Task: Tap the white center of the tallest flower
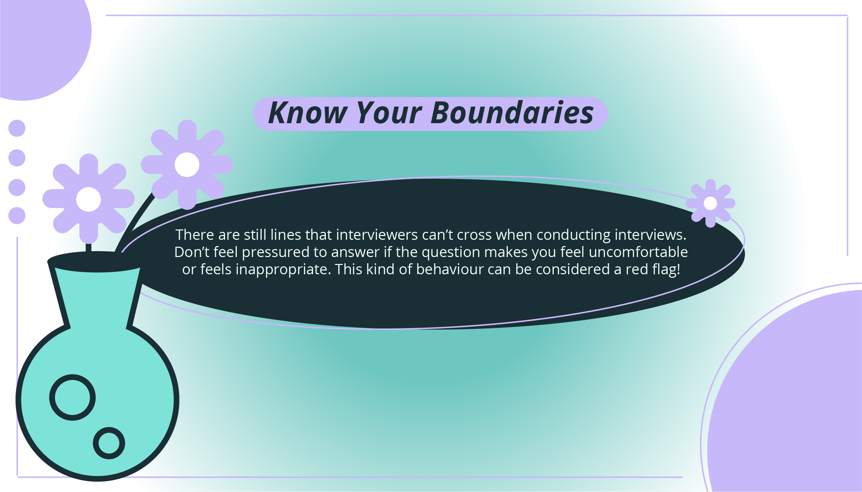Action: click(x=187, y=165)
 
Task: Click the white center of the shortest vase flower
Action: click(x=88, y=199)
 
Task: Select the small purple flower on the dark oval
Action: click(x=710, y=203)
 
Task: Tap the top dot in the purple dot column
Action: click(x=17, y=128)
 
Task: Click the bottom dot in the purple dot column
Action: click(x=17, y=216)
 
